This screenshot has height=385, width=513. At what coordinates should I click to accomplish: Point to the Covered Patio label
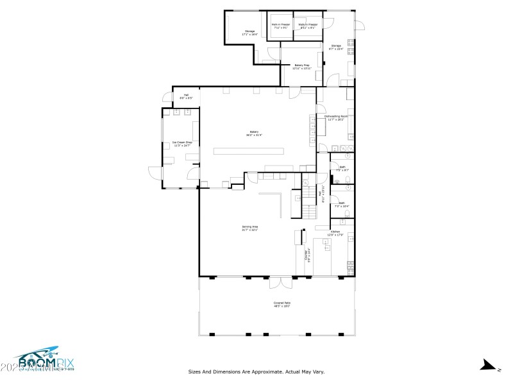(282, 304)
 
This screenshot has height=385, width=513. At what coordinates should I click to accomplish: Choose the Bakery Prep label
(302, 66)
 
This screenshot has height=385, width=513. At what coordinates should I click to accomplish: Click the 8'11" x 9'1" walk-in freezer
(307, 26)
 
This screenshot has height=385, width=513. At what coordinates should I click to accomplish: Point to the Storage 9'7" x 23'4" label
(336, 47)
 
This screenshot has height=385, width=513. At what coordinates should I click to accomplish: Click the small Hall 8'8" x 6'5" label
(186, 96)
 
